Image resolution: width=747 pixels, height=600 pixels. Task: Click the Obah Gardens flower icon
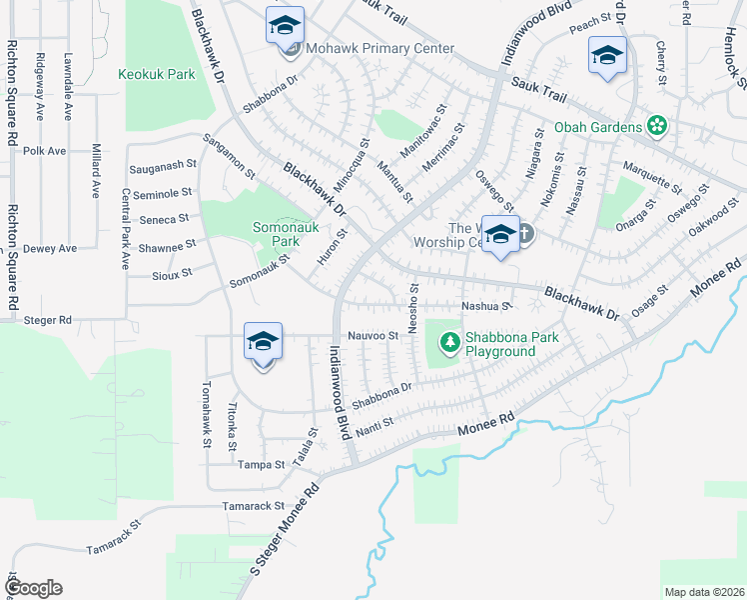tap(656, 126)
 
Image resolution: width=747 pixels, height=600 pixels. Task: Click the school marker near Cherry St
tap(606, 58)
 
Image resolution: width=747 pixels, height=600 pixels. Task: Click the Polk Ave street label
tap(44, 151)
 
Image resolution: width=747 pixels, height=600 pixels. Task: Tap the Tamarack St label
tap(254, 507)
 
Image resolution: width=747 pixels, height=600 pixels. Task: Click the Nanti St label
tap(374, 423)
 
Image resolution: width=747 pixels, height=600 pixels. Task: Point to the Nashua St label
tap(485, 306)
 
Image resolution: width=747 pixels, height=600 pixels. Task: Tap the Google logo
tap(33, 588)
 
